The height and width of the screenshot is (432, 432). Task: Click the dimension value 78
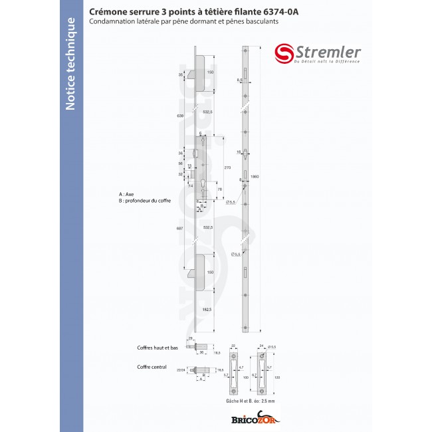pyautogui.click(x=220, y=189)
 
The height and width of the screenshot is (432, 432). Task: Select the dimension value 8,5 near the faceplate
pyautogui.click(x=239, y=79)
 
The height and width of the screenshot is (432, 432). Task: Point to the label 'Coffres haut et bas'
pyautogui.click(x=157, y=348)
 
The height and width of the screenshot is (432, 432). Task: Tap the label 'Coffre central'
pyautogui.click(x=152, y=366)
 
